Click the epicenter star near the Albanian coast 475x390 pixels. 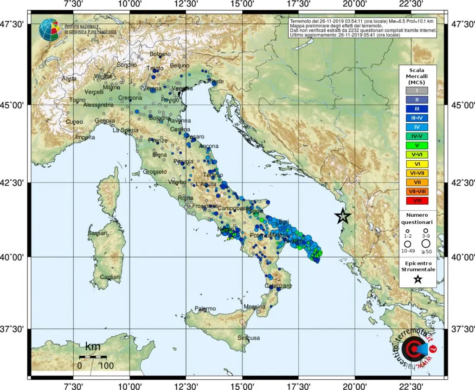point(343,216)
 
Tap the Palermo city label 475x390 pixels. point(205,308)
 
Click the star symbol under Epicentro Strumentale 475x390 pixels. point(417,279)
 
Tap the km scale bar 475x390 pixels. point(93,357)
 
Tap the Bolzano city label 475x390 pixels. point(160,55)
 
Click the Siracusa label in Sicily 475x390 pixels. point(249,338)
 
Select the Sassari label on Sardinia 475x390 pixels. point(98,233)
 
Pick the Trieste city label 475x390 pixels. point(215,82)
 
